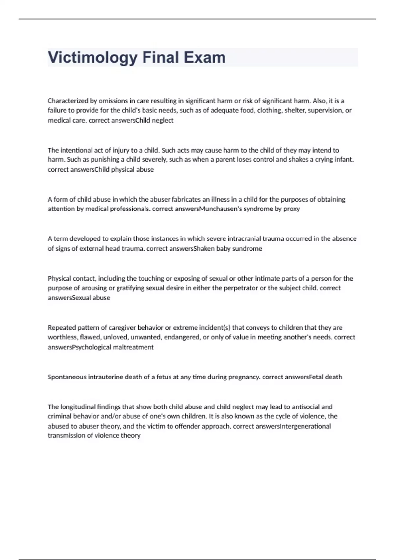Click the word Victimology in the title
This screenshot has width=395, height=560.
pos(92,58)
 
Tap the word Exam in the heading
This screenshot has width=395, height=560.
pos(205,58)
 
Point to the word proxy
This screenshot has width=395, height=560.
pos(292,209)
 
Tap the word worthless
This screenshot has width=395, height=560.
pos(63,337)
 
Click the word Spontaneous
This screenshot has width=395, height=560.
pos(67,377)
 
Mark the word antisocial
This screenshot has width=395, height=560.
pos(305,407)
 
